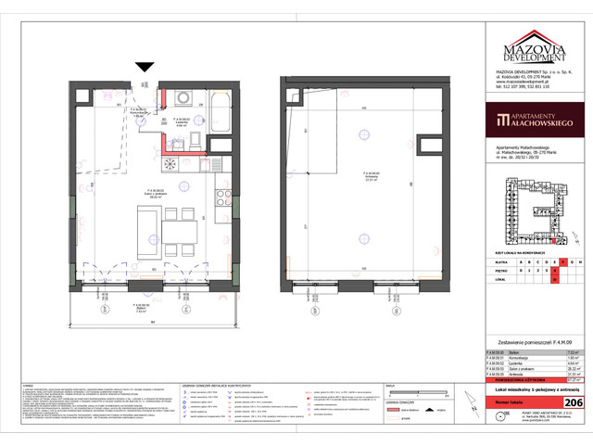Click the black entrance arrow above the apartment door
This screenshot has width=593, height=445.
145,67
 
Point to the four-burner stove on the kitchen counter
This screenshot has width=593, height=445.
170,163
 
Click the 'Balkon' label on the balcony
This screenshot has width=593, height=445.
141,308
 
